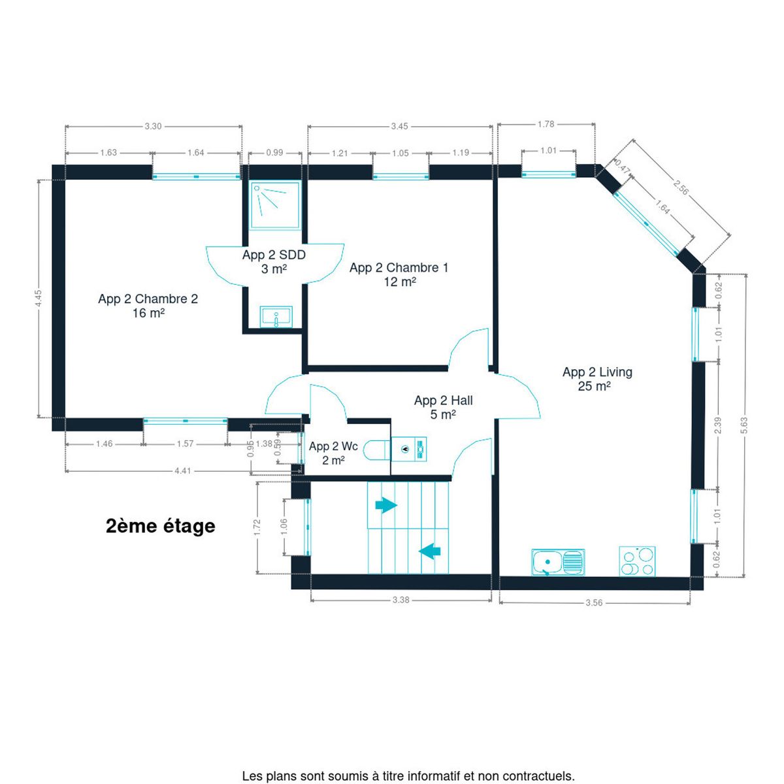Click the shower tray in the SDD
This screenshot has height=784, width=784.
[x=276, y=205]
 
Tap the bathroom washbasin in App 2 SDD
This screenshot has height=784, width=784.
[x=276, y=317]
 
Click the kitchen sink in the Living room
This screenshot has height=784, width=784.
[x=558, y=563]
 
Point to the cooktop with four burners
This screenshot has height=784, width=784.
[x=637, y=561]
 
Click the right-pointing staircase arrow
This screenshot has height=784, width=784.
[x=386, y=506]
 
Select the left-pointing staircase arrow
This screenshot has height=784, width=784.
[x=430, y=551]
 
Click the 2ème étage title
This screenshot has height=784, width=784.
[x=160, y=526]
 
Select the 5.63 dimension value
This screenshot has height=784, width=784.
[x=744, y=425]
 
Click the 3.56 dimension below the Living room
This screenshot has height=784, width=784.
[x=594, y=602]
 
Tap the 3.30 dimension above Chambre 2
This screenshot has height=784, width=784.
[x=153, y=126]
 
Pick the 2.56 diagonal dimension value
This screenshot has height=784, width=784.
[x=680, y=187]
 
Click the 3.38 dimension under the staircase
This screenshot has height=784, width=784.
[x=400, y=600]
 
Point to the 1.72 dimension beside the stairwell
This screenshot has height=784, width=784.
[x=257, y=528]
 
